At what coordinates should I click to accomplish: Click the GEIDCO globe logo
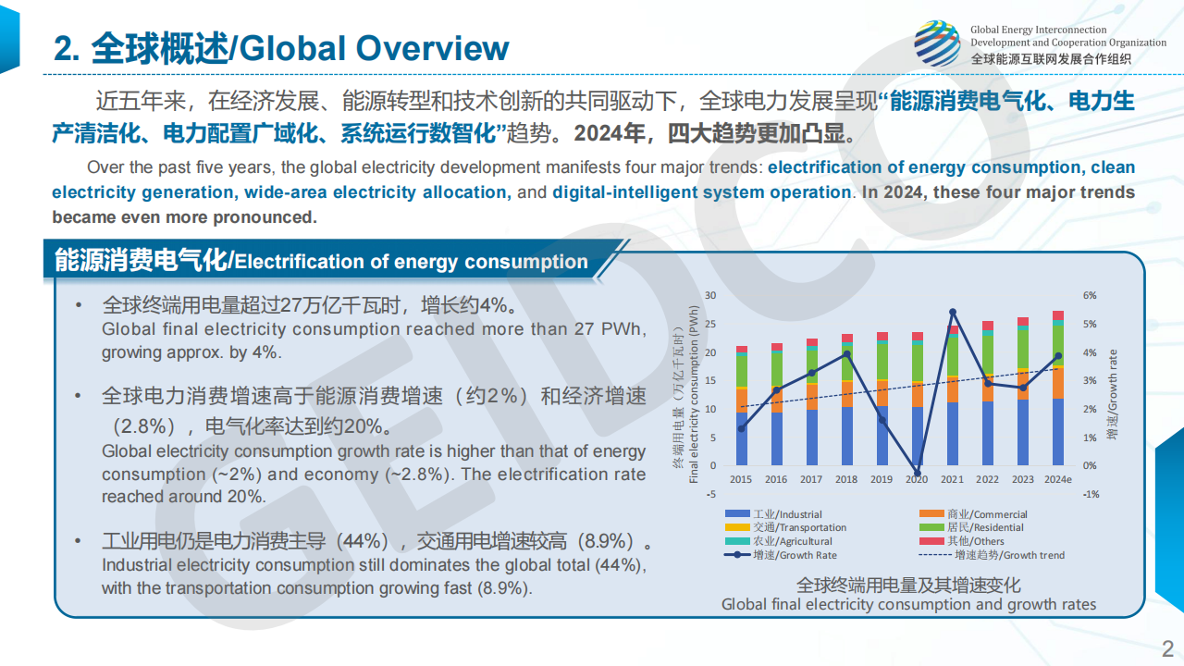point(937,43)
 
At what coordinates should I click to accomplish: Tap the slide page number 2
point(1167,647)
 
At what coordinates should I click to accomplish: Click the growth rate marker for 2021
point(953,312)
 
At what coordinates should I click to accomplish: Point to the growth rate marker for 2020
point(917,474)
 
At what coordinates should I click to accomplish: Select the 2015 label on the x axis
point(741,479)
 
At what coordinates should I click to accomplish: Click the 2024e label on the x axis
point(1057,479)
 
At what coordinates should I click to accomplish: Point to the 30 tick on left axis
point(710,295)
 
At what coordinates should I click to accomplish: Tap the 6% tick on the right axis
point(1090,295)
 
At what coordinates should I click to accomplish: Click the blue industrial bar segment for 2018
point(846,436)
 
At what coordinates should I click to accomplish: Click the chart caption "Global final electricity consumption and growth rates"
point(908,605)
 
